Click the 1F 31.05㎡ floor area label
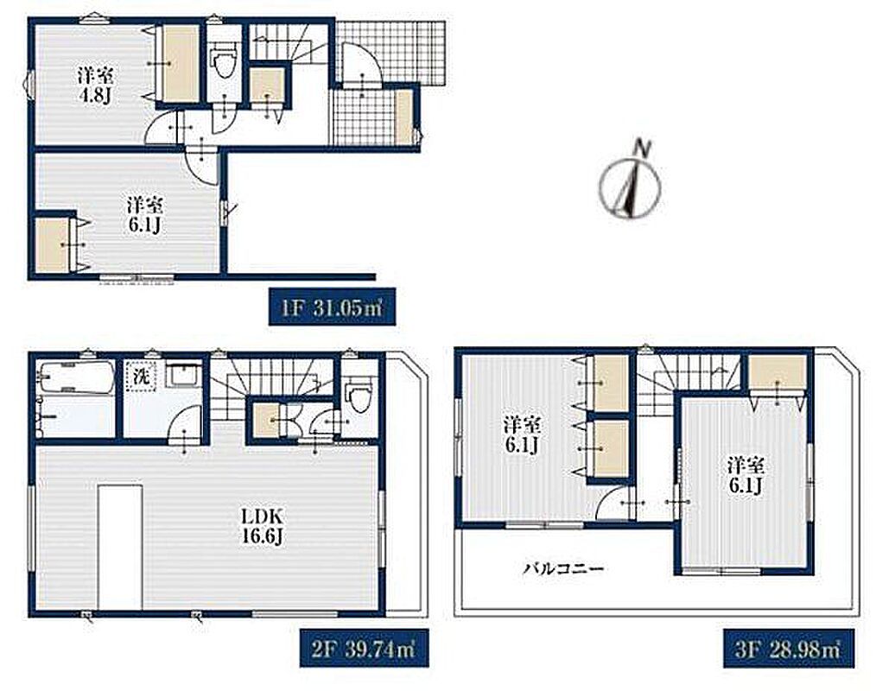(333, 307)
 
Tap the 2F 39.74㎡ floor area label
(365, 648)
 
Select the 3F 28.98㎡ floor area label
(788, 648)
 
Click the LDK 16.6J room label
(262, 527)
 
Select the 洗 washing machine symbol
(141, 377)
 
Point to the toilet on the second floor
(359, 394)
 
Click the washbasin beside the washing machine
(183, 375)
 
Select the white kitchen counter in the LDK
(120, 548)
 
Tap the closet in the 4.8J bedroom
(181, 63)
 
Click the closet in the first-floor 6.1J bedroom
(53, 244)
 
